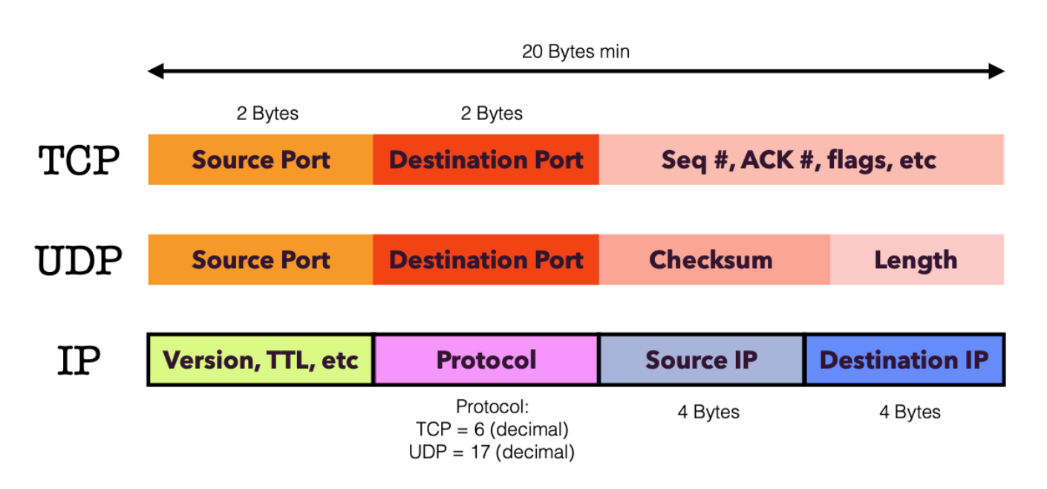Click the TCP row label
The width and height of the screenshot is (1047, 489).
click(79, 160)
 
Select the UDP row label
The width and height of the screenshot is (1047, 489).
click(79, 260)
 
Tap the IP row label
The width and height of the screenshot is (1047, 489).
click(79, 360)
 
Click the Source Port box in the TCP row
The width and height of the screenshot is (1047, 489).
click(261, 160)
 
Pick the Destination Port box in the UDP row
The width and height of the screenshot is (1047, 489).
click(486, 260)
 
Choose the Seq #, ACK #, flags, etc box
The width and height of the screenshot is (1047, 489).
click(800, 160)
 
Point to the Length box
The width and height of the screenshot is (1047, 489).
click(916, 260)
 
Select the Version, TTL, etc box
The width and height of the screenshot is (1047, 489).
click(261, 360)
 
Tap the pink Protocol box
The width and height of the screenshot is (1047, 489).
click(486, 360)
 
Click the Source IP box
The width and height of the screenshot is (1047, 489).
click(701, 360)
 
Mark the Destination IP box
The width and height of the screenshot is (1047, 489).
click(904, 360)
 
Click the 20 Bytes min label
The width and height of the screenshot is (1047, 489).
click(575, 52)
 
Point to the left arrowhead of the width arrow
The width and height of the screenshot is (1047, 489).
click(154, 71)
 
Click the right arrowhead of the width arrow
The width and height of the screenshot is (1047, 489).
click(998, 71)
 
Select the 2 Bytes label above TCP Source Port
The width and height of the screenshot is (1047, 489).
click(267, 114)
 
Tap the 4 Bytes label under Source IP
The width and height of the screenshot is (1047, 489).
click(708, 412)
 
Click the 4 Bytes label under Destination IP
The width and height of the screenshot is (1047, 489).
click(910, 412)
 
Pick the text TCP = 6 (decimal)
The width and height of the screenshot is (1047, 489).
click(492, 430)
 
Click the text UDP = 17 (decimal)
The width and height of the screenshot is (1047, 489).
click(492, 451)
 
